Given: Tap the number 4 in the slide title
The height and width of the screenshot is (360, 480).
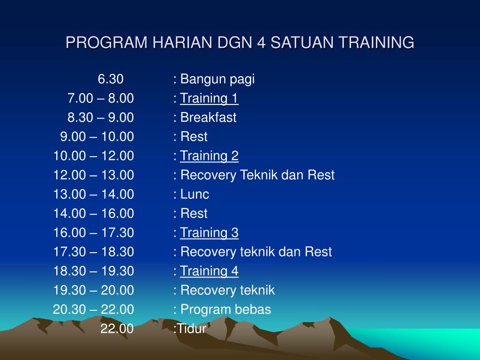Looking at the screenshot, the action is click(261, 42).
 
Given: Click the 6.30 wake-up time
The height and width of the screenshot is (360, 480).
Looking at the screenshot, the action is click(111, 79).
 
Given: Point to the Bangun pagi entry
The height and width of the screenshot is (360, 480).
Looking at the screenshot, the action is click(217, 79).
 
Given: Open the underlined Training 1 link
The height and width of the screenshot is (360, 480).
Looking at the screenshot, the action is click(209, 98).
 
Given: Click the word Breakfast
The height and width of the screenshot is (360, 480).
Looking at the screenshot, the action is click(208, 117).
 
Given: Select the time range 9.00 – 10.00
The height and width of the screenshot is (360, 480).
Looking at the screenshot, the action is click(97, 136).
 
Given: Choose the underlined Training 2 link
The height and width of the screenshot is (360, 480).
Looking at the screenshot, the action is click(209, 156).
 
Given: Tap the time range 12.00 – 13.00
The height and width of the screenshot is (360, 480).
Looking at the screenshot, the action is click(94, 175).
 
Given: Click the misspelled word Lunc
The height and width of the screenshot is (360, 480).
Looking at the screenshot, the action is click(195, 195).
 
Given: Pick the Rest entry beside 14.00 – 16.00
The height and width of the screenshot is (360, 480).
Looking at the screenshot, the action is click(194, 213).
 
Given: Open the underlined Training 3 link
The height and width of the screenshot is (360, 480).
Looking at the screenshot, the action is click(209, 232).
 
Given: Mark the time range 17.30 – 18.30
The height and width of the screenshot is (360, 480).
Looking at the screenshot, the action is click(94, 252).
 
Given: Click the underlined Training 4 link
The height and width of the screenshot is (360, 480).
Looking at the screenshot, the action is click(209, 271).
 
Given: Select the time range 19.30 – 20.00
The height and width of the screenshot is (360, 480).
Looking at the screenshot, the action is click(94, 290).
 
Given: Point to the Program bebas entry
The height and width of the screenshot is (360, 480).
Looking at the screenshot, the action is click(225, 309).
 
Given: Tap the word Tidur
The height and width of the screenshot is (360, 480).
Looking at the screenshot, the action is click(192, 329).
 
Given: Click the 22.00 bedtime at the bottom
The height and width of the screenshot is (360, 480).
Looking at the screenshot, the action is click(117, 329).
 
